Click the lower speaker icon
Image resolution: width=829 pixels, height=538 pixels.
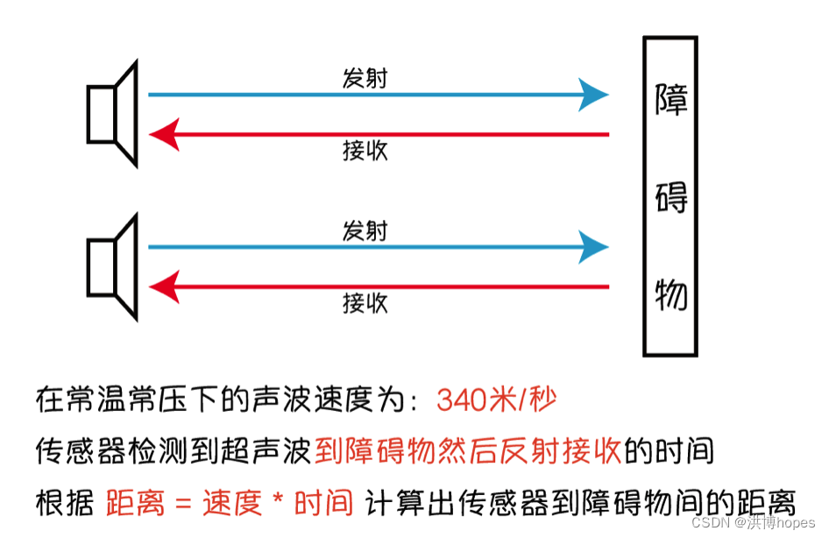113,266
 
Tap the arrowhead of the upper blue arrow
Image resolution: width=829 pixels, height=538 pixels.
595,94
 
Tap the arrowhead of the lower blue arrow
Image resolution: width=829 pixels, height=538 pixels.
595,246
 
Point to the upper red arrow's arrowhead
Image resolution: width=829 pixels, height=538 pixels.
164,134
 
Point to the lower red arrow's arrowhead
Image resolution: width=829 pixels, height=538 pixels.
164,287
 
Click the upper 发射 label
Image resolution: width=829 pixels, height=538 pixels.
365,79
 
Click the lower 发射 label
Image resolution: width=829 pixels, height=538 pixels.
365,231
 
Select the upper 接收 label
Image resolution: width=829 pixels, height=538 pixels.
365,151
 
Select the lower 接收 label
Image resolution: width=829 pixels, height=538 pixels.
365,303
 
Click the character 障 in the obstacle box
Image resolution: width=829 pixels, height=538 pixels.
671,99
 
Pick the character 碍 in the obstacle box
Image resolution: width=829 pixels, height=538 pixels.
671,198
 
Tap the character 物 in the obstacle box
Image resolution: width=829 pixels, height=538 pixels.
671,295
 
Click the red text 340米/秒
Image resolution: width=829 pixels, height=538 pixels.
496,400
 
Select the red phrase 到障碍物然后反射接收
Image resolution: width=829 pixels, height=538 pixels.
468,451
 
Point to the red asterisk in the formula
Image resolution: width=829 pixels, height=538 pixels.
277,502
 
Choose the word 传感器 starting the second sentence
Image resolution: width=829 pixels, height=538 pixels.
76,451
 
